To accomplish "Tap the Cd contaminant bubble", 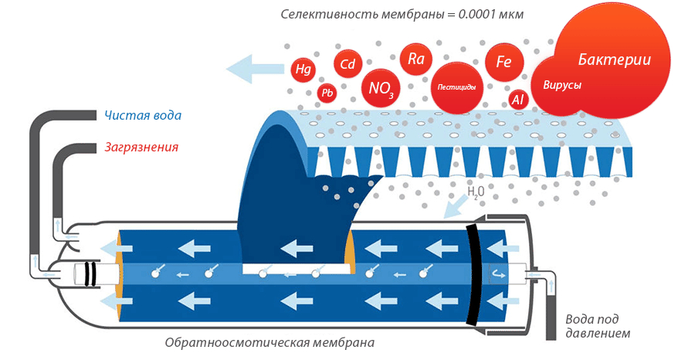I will pos(347,64).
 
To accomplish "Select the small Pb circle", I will pos(327,93).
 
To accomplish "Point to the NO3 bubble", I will pos(381,88).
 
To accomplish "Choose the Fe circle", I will pos(503,62).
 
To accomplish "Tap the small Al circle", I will pos(518,100).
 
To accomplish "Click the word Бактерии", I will pos(614,59).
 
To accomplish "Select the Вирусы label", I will pos(562,85).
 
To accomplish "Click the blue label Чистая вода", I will pos(143,116).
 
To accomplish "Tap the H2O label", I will pos(476,191).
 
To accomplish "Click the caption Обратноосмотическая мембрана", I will pos(270,341).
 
